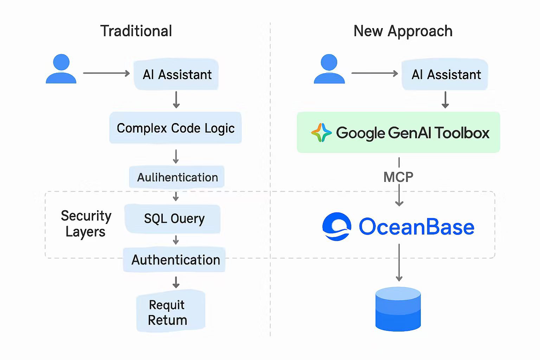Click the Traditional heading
point(136,31)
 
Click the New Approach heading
point(403,31)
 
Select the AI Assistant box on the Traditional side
point(176,75)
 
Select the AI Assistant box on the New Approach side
point(445,75)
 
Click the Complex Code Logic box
point(175,128)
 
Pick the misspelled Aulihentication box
point(177,177)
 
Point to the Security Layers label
point(85,224)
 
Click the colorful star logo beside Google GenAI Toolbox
point(321,133)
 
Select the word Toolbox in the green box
point(462,133)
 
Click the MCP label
point(398,177)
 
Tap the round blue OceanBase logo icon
point(336,227)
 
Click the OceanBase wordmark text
point(416,227)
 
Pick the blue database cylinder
point(398,309)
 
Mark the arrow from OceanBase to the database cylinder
point(399,262)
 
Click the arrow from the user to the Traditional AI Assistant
point(106,73)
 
